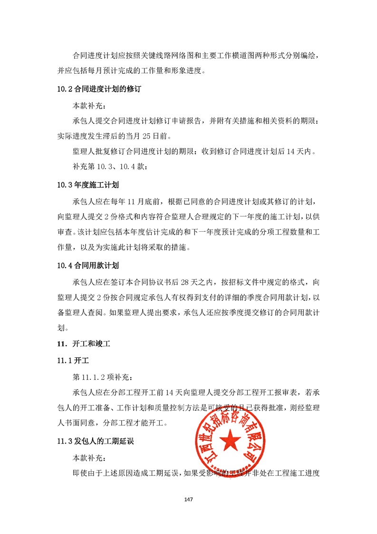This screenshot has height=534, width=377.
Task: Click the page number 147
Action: (x=188, y=499)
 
